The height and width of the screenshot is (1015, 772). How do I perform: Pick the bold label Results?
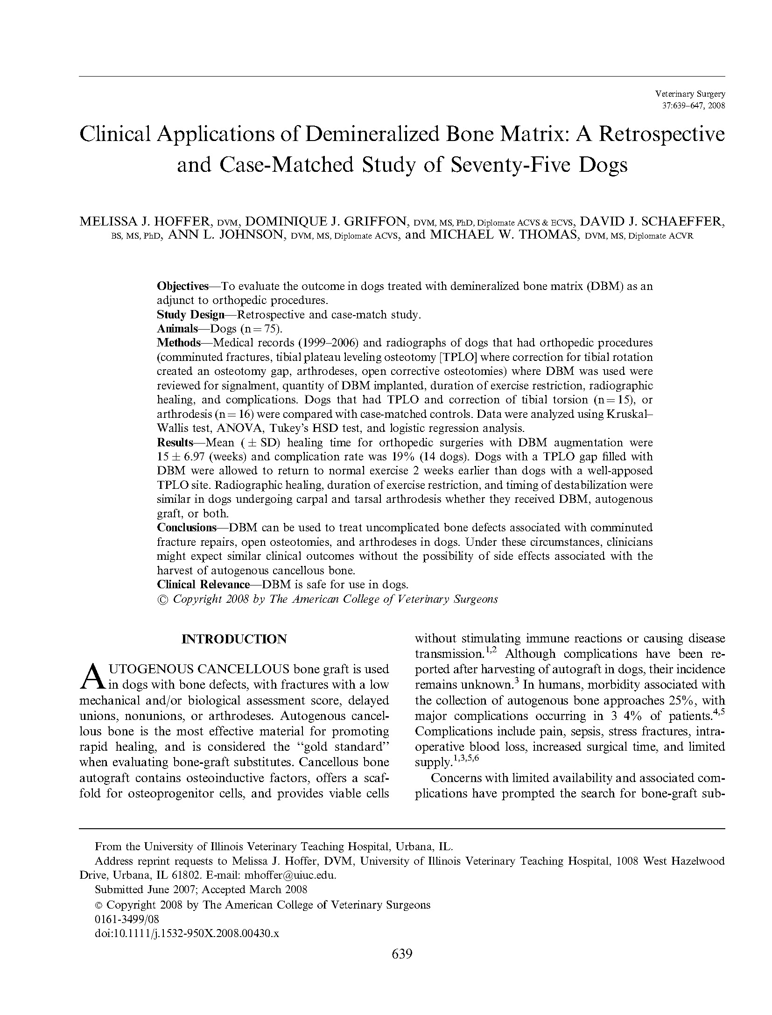click(x=175, y=443)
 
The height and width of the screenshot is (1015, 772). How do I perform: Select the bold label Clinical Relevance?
click(x=203, y=585)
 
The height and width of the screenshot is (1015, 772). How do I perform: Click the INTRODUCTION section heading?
click(x=234, y=639)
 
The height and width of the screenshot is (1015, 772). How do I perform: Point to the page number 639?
click(x=402, y=954)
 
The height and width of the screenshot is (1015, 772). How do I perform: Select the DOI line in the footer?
click(x=187, y=933)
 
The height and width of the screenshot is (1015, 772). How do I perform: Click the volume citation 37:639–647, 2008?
click(x=694, y=106)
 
